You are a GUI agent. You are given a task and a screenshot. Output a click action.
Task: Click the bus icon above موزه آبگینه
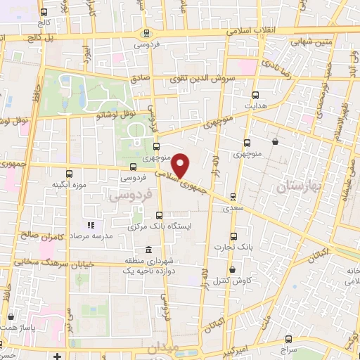coord(69,172)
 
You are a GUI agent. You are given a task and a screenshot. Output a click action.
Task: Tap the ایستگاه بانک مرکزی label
coord(150,227)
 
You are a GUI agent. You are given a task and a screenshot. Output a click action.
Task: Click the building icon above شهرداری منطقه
coord(148,250)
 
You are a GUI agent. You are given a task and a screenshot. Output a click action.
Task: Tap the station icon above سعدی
coord(233,197)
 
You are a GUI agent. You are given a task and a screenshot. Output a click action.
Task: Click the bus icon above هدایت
coord(255,95)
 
